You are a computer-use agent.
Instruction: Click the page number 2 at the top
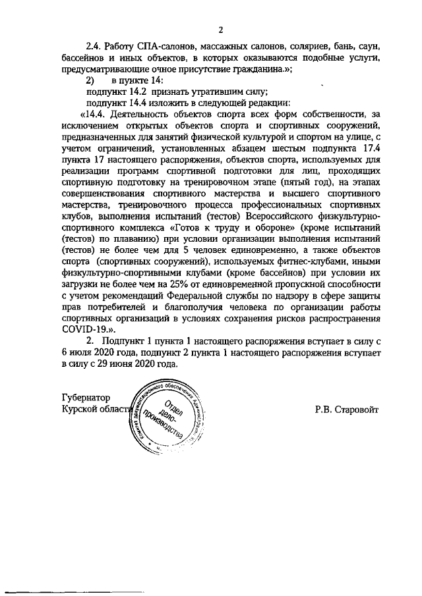[x=222, y=29]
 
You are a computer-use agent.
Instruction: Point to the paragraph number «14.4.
[x=96, y=116]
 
